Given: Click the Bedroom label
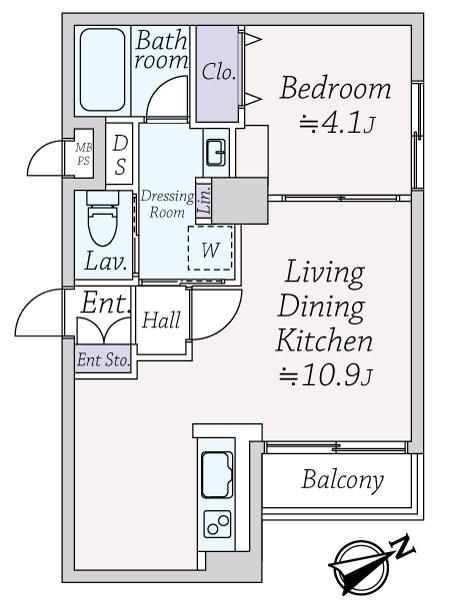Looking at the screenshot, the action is (x=335, y=88).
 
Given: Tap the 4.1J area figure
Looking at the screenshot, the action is (x=336, y=124).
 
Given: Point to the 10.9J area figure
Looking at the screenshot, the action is (x=325, y=376).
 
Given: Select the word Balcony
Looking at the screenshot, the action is (x=342, y=480).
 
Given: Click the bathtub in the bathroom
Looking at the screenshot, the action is (x=103, y=70).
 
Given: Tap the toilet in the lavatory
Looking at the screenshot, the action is (x=102, y=218).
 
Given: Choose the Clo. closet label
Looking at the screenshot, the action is (x=219, y=72).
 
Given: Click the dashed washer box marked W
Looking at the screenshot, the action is (x=210, y=248).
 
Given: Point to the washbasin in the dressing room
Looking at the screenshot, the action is (x=216, y=152).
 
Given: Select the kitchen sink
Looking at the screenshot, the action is (x=217, y=475).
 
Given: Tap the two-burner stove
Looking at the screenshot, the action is (x=217, y=524).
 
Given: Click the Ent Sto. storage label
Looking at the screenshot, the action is (x=104, y=360).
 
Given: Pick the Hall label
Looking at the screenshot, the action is (x=161, y=320).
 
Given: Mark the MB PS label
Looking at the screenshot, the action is (x=84, y=154).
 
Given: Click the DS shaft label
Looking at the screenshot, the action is (x=120, y=155).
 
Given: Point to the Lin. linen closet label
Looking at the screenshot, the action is (x=205, y=200).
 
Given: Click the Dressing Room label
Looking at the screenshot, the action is (x=167, y=204).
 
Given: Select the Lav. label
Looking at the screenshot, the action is (x=106, y=261).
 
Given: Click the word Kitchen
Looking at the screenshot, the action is (x=324, y=341).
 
